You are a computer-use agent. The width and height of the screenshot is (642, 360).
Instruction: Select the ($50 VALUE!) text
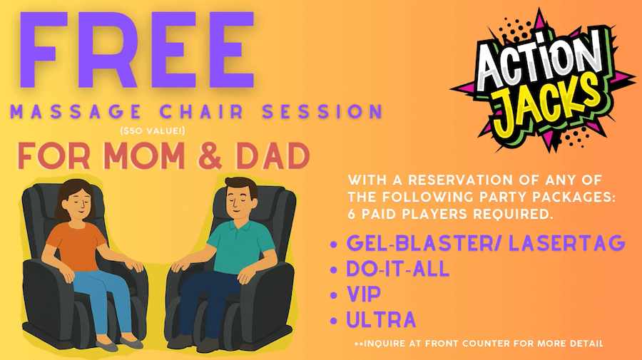point(153,131)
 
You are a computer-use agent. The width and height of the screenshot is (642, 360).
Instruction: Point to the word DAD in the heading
point(272,156)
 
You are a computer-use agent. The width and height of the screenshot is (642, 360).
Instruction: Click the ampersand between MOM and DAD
point(211,156)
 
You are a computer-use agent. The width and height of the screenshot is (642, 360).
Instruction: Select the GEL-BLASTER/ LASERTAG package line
point(486,243)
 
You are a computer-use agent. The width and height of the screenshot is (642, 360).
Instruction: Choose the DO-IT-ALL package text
point(398,269)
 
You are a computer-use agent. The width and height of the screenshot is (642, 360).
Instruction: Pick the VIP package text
point(364,294)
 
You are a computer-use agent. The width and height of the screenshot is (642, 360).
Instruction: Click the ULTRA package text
point(381,320)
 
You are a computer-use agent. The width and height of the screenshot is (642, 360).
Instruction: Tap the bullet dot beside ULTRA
point(334,321)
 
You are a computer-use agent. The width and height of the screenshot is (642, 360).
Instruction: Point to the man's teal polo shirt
point(241,245)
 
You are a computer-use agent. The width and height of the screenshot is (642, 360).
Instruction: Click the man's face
point(238,201)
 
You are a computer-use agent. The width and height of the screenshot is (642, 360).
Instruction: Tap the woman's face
point(79,203)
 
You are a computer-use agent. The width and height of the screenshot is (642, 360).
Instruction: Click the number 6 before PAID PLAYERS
point(351,214)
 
